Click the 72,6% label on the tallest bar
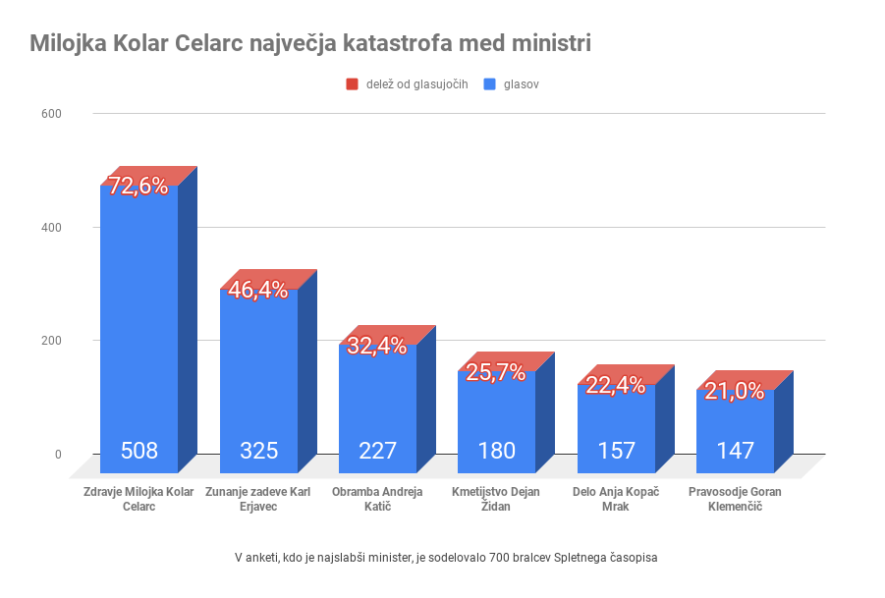pos(138,187)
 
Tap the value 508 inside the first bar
pos(139,452)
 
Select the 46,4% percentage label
pos(258,290)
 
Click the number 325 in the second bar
pos(258,452)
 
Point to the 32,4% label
pos(377,346)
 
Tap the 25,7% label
pos(496,372)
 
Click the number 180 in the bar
pos(497,452)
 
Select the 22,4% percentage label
pos(616,385)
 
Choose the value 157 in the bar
pos(616,452)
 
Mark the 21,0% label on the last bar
pos(735,391)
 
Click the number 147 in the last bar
pos(736,452)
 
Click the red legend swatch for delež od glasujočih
pos(353,84)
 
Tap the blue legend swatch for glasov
pos(490,84)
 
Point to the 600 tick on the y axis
pos(51,114)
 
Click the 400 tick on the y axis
pos(51,228)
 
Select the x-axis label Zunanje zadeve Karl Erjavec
pos(258,499)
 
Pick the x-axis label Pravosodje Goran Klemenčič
pos(736,499)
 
